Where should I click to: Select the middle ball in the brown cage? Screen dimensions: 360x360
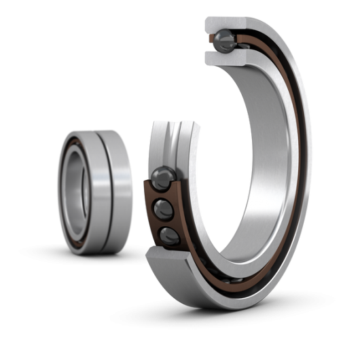(164, 209)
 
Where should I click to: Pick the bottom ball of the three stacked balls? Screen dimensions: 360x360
(168, 236)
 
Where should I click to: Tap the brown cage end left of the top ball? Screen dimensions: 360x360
(209, 43)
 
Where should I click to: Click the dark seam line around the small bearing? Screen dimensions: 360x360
(104, 190)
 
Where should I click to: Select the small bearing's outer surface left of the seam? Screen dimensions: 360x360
(96, 190)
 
